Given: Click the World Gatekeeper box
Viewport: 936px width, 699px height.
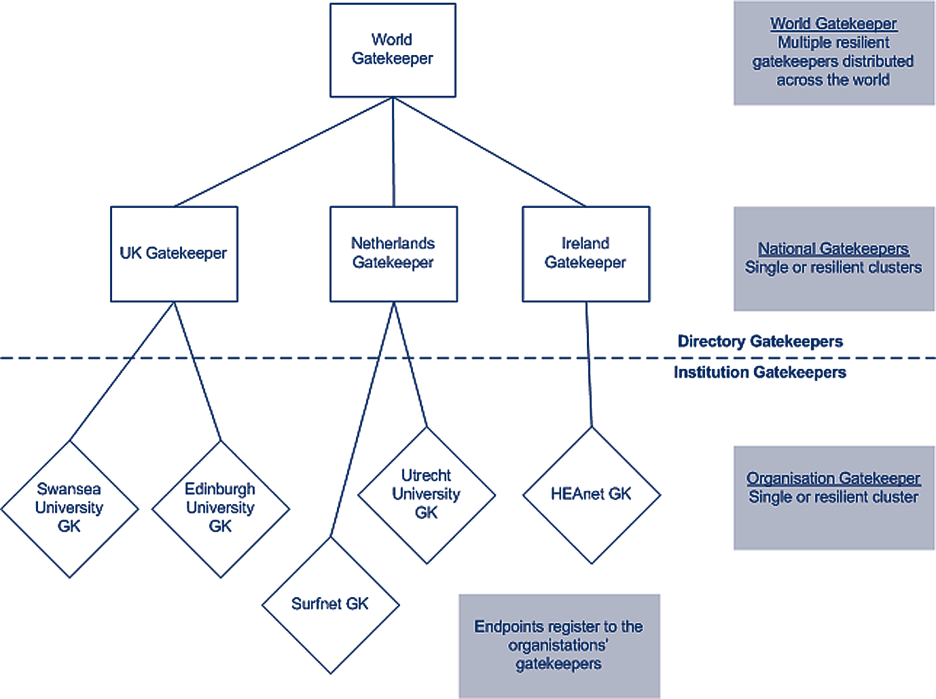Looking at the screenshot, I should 393,50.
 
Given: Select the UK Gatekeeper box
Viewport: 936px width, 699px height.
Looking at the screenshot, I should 174,253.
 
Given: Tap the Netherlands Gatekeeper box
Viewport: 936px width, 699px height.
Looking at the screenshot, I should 393,253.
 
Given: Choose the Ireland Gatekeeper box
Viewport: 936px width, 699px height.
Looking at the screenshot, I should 586,253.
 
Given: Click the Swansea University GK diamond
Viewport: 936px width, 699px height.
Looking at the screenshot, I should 69,508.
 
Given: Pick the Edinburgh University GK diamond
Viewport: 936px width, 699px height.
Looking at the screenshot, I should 220,508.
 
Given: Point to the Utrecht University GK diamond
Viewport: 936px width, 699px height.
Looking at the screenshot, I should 427,495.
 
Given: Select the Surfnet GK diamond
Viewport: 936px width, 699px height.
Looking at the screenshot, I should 330,604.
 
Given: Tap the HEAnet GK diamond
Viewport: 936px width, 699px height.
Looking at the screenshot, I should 591,495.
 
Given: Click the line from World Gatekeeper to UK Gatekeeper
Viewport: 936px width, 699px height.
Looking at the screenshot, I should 283,152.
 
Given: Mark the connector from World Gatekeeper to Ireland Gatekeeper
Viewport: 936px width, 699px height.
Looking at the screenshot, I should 489,152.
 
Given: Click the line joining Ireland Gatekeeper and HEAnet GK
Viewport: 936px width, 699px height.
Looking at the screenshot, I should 589,364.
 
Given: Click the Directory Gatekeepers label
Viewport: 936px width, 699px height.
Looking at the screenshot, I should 760,341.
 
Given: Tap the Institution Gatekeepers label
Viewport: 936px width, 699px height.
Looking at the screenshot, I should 759,372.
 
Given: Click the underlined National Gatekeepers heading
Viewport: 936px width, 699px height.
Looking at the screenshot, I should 833,249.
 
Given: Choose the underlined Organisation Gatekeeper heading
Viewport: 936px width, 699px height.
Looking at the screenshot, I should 833,478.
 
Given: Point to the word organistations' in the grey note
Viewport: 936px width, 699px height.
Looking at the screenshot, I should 558,645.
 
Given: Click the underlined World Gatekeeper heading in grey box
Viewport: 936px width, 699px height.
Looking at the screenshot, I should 833,24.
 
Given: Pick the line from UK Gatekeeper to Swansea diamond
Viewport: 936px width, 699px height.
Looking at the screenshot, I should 122,372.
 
